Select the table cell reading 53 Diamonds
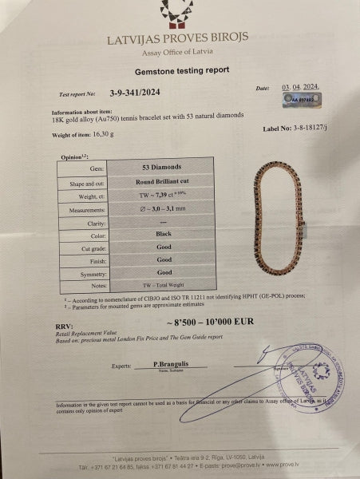(164, 169)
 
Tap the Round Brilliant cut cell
(164, 181)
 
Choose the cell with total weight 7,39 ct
(164, 196)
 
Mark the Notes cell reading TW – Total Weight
(164, 286)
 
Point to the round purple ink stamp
(311, 374)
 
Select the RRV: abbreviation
(65, 325)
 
